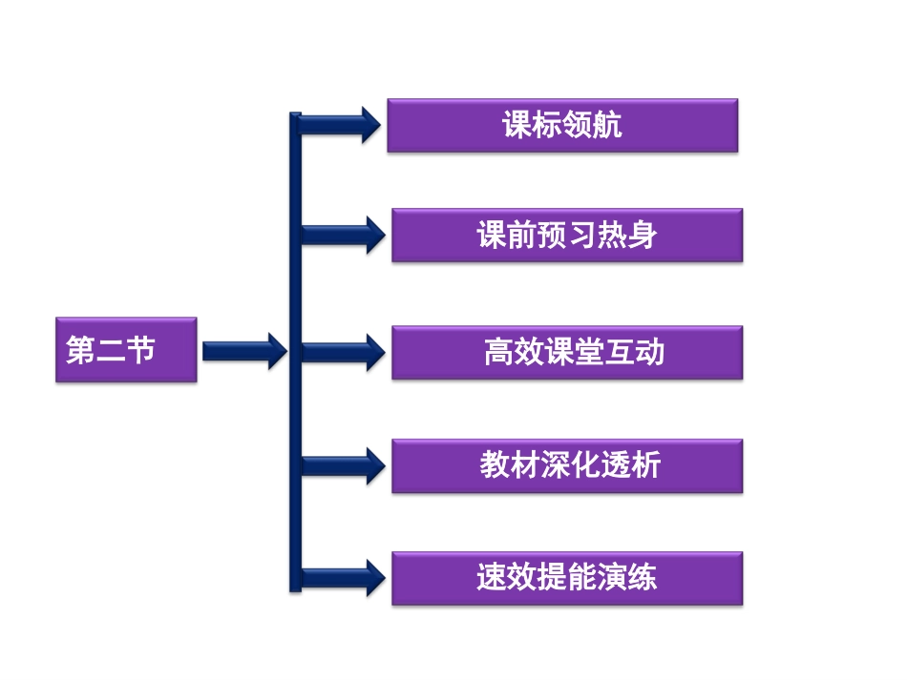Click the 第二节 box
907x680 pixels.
pyautogui.click(x=126, y=350)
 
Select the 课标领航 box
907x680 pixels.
pyautogui.click(x=562, y=125)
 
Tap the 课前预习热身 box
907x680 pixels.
pyautogui.click(x=567, y=236)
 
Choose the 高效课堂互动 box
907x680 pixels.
pyautogui.click(x=567, y=353)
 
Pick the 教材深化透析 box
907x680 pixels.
pyautogui.click(x=567, y=465)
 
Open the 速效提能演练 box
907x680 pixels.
pyautogui.click(x=567, y=578)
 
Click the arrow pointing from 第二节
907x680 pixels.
pyautogui.click(x=244, y=351)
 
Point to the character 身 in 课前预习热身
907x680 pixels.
pyautogui.click(x=643, y=236)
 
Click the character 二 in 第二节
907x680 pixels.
pyautogui.click(x=110, y=350)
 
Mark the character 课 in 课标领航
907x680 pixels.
pyautogui.click(x=517, y=125)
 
